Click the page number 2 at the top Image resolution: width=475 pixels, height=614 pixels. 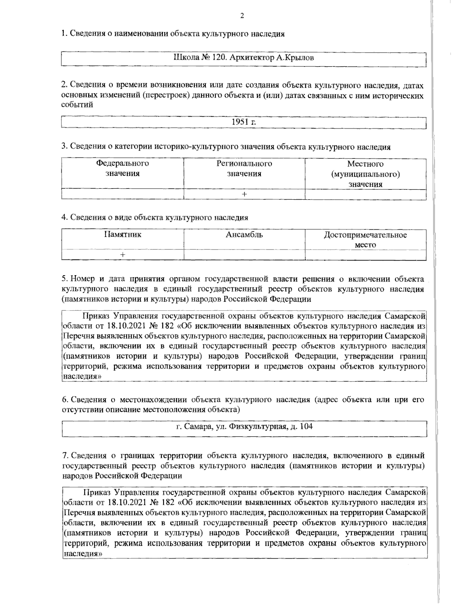pos(242,16)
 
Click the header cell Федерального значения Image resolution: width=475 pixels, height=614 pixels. pos(123,168)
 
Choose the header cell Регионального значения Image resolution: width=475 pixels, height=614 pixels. pos(244,168)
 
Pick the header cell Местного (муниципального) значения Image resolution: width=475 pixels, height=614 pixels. pos(365,174)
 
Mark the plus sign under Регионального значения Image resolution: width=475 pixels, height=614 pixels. pos(244,194)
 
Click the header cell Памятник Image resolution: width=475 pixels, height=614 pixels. pos(123,235)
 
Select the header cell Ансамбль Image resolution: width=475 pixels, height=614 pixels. pos(244,235)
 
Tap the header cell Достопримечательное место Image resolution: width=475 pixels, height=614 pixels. pos(365,240)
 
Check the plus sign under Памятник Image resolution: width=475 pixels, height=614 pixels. pos(123,255)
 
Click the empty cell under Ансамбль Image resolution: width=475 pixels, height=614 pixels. pos(244,255)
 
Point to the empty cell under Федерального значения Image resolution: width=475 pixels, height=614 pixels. pos(123,194)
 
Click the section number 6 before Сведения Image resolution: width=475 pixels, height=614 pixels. pos(64,399)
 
